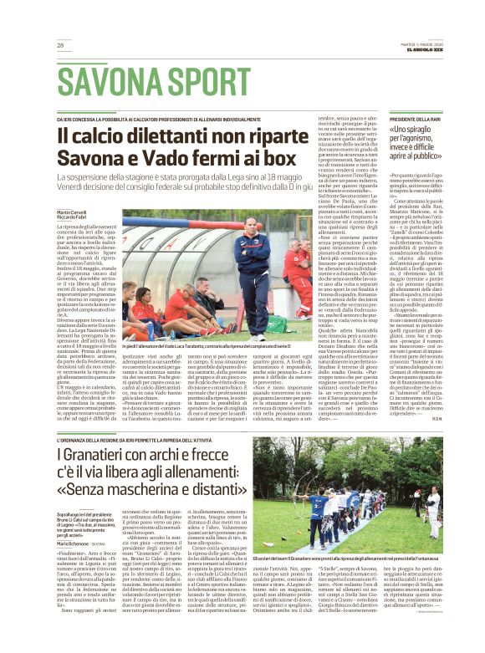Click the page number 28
pos(60,45)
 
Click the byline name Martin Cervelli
pos(72,213)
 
